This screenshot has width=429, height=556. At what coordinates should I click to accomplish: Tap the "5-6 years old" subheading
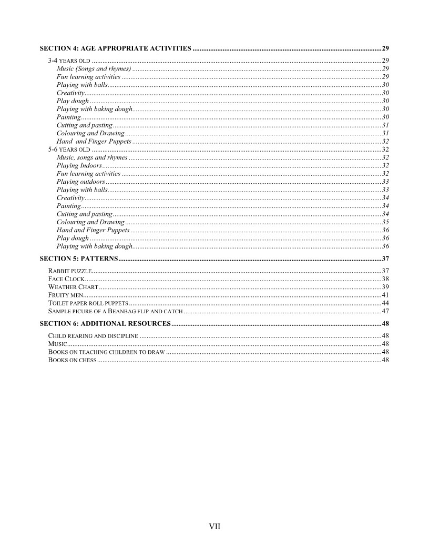click(x=69, y=150)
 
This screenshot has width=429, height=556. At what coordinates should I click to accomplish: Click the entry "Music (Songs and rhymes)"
click(x=94, y=68)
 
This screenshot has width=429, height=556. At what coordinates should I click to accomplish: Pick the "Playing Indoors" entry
click(x=79, y=165)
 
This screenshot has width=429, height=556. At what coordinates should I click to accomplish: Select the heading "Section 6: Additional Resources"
click(x=105, y=323)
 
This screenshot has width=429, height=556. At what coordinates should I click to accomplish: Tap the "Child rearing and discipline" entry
click(x=93, y=335)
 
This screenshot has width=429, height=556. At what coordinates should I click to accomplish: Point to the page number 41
click(x=385, y=295)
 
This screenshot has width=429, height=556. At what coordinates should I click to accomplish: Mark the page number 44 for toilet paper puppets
click(x=385, y=303)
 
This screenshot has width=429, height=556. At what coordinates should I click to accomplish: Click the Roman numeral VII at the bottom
click(x=214, y=526)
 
